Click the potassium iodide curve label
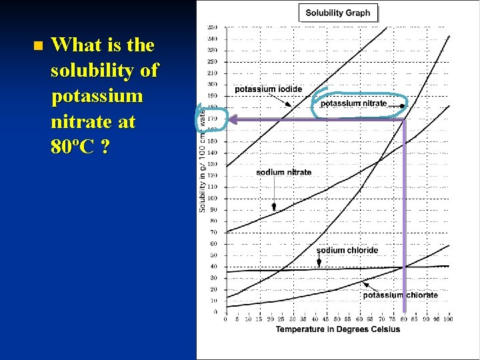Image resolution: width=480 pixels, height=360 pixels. [x=268, y=89]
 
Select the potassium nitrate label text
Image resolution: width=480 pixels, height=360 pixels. [x=353, y=103]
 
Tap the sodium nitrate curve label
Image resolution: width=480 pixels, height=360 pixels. [x=283, y=172]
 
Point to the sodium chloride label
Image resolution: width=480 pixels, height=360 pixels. [x=347, y=250]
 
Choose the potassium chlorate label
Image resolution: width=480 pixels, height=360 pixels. [x=400, y=295]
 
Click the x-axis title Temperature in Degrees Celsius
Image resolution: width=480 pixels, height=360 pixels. [x=338, y=329]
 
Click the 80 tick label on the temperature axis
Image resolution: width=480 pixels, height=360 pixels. [x=405, y=319]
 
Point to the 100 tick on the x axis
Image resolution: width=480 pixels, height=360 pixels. [x=448, y=319]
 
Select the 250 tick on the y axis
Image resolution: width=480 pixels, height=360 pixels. [x=213, y=27]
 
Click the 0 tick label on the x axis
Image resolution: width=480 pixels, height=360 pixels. [x=226, y=319]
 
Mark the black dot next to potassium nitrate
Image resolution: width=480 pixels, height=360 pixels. [x=402, y=105]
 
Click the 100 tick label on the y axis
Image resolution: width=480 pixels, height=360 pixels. [x=213, y=198]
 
